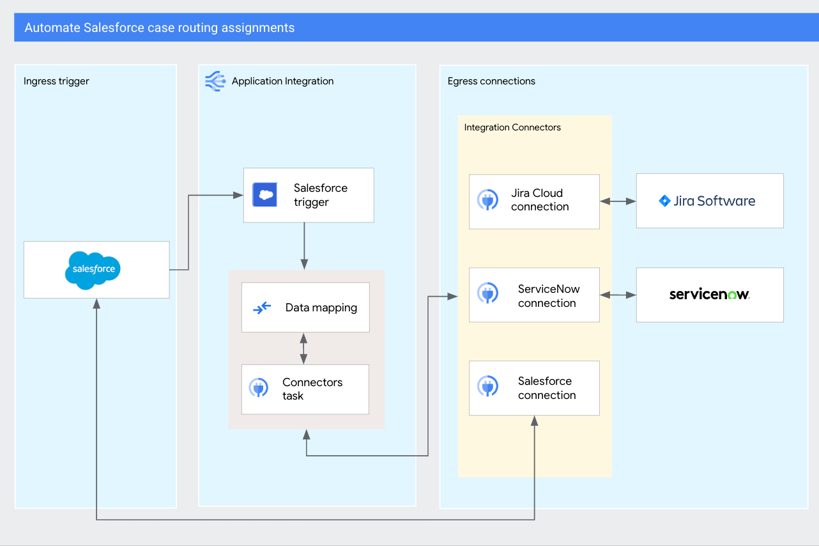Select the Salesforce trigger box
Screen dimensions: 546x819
click(x=309, y=195)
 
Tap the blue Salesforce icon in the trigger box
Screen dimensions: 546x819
click(x=264, y=194)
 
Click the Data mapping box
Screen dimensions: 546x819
click(x=305, y=308)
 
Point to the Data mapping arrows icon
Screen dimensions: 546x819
click(x=262, y=308)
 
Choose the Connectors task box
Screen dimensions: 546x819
click(x=305, y=389)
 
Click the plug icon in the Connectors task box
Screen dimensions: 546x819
click(x=259, y=388)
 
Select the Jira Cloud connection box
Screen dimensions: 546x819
click(x=534, y=201)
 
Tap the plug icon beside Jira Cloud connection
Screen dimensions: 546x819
click(x=488, y=200)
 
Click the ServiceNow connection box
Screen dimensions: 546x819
click(x=534, y=295)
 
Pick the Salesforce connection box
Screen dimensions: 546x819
click(x=534, y=388)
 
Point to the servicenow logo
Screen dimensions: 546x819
click(x=709, y=295)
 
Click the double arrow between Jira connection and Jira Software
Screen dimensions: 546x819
click(x=618, y=201)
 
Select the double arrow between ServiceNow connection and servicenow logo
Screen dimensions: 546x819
click(x=618, y=295)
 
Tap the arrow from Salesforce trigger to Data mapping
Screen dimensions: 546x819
click(x=304, y=246)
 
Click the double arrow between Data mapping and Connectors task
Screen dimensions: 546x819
click(x=303, y=348)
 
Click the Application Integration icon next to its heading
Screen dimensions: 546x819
click(x=215, y=81)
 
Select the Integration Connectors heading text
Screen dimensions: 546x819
click(x=512, y=127)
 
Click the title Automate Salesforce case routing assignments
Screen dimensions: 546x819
click(x=160, y=28)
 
